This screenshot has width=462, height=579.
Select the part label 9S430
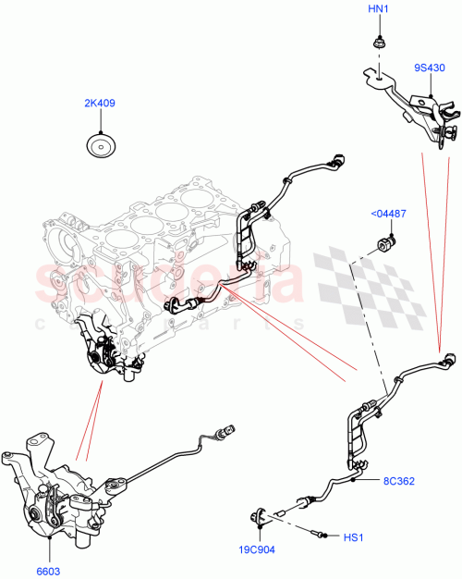(429, 68)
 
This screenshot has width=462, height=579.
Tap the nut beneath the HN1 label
(379, 42)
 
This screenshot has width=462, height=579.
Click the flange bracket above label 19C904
(262, 516)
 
